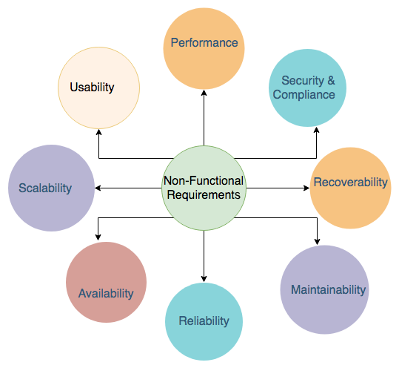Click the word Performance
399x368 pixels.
pyautogui.click(x=204, y=42)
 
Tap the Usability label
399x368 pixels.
pyautogui.click(x=92, y=88)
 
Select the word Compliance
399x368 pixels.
pyautogui.click(x=304, y=95)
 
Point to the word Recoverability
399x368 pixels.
pyautogui.click(x=350, y=183)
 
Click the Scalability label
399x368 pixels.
pyautogui.click(x=45, y=188)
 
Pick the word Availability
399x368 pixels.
pyautogui.click(x=106, y=294)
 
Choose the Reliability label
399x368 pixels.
pyautogui.click(x=204, y=321)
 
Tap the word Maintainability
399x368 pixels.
pyautogui.click(x=328, y=290)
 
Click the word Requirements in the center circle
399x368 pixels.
pyautogui.click(x=204, y=195)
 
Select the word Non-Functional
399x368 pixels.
pyautogui.click(x=204, y=181)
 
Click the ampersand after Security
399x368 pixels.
pyautogui.click(x=331, y=80)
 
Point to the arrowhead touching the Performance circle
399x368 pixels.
pyautogui.click(x=204, y=93)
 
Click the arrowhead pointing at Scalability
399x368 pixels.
pyautogui.click(x=98, y=188)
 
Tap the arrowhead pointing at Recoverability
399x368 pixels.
pyautogui.click(x=306, y=188)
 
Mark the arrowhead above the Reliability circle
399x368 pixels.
pyautogui.click(x=204, y=279)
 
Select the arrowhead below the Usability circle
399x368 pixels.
pyautogui.click(x=98, y=132)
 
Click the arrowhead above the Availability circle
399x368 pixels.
pyautogui.click(x=98, y=237)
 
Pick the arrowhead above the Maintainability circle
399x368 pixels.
pyautogui.click(x=317, y=242)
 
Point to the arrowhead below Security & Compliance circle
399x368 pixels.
pyautogui.click(x=316, y=130)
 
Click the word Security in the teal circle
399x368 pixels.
pyautogui.click(x=303, y=81)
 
